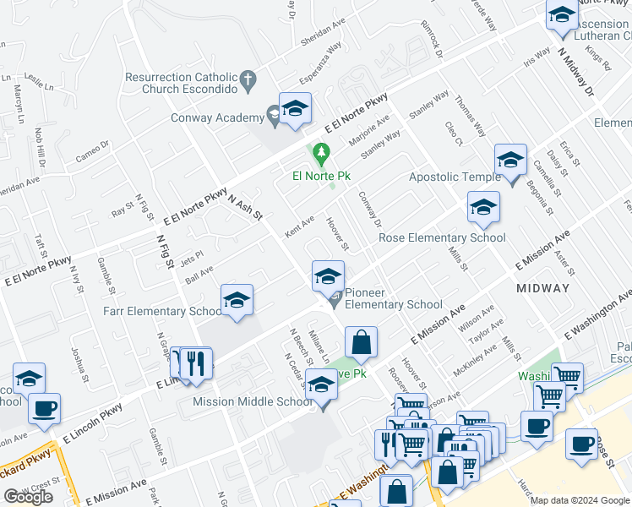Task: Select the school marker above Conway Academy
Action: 295,109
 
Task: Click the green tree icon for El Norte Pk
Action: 320,155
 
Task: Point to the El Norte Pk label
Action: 321,176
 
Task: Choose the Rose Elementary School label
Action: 442,237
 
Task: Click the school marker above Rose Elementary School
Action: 483,207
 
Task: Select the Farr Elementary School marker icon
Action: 237,300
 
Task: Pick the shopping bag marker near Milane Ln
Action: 361,343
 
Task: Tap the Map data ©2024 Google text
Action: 580,500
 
